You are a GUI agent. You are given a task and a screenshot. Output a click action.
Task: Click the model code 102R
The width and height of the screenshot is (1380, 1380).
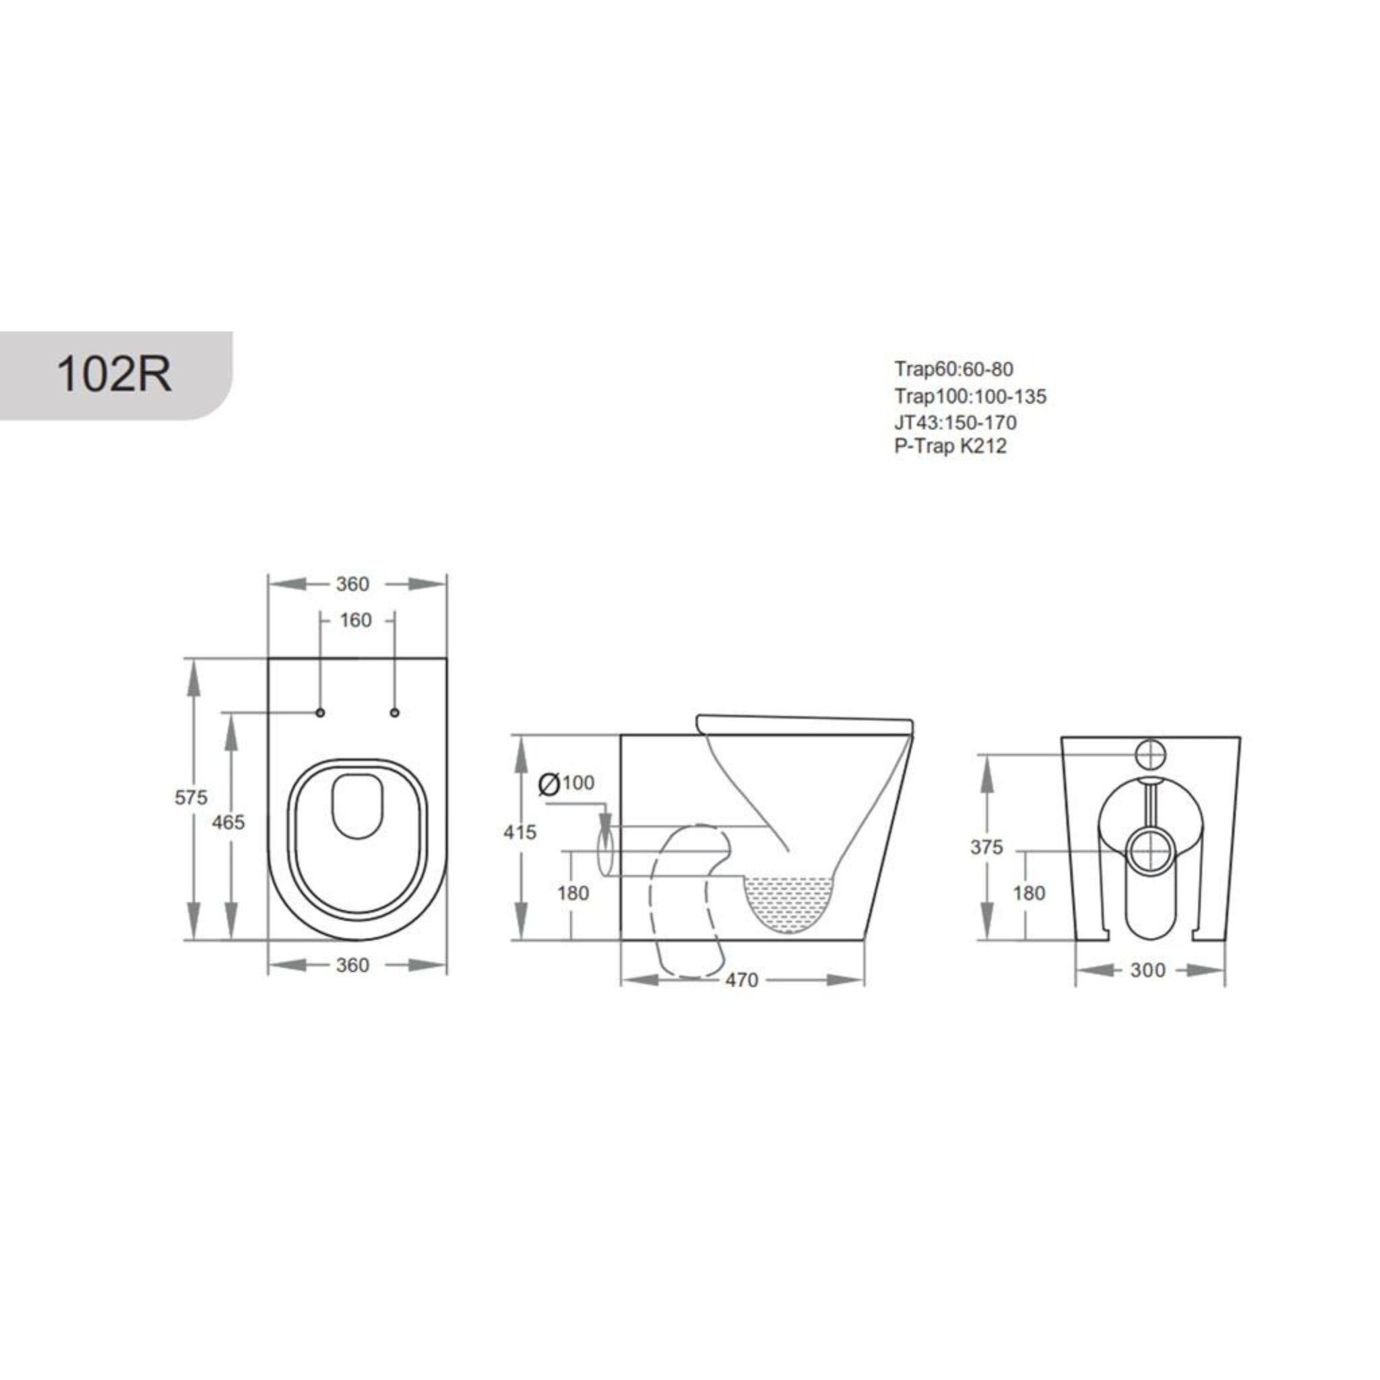(115, 373)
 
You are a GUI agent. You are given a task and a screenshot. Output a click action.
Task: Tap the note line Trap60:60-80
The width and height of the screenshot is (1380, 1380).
(953, 369)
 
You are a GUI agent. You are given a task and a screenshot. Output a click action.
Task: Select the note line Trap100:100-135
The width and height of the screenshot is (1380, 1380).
(970, 396)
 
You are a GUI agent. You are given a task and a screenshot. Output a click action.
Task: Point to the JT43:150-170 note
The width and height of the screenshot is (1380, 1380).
(955, 422)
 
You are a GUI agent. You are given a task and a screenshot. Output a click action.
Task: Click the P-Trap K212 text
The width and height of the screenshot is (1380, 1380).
(950, 447)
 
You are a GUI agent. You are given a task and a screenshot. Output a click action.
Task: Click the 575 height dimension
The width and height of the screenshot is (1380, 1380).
(191, 797)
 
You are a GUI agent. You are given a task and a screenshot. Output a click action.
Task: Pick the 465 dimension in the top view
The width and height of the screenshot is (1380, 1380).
(228, 822)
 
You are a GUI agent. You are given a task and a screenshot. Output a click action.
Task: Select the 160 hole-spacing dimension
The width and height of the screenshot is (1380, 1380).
(356, 620)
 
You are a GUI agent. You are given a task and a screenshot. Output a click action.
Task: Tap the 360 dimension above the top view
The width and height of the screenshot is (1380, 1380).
(353, 584)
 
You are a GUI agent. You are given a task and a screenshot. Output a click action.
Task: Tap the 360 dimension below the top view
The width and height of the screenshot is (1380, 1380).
(353, 965)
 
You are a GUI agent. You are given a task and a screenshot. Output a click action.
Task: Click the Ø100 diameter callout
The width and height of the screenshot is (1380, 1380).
(567, 784)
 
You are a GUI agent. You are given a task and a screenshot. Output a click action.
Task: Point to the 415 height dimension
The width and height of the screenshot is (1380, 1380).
(520, 832)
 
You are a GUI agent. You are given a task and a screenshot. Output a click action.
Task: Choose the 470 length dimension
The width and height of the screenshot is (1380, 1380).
(741, 980)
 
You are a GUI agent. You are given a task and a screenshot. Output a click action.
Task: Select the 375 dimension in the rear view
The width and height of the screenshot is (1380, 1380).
(986, 847)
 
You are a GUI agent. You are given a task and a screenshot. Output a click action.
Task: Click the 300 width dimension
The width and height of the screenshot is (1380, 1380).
(1148, 970)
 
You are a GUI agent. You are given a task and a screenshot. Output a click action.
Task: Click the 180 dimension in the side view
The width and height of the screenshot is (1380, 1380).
(573, 893)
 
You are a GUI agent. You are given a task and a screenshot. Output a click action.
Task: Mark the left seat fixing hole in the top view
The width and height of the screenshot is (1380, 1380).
(320, 712)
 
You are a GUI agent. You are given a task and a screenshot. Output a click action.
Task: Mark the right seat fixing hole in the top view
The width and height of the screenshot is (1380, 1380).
(395, 712)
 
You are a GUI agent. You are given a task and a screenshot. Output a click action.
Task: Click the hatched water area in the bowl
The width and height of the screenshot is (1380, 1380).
(788, 902)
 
